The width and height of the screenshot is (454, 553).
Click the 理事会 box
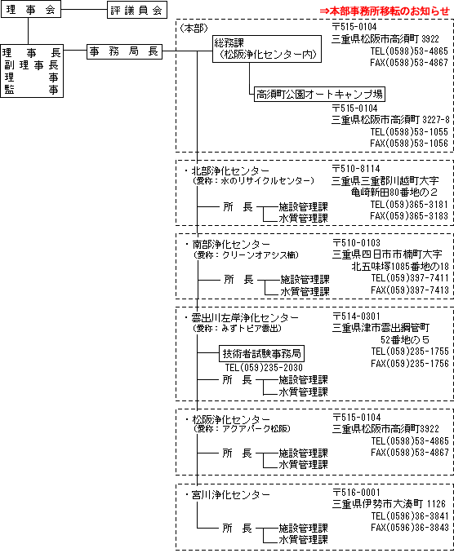point(31,9)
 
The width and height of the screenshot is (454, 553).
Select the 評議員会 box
point(137,10)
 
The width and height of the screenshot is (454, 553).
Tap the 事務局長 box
point(124,51)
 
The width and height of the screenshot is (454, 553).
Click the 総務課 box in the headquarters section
point(267,49)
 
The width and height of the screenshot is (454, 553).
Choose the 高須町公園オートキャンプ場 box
point(319,94)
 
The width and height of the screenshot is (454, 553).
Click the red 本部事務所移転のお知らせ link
point(385,11)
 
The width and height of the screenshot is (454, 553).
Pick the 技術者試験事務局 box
point(261,353)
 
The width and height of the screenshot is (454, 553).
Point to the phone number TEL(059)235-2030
point(264,368)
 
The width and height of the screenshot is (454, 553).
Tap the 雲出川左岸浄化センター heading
point(241,318)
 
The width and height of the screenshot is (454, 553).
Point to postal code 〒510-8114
point(356,169)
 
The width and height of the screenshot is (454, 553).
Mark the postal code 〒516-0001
point(356,493)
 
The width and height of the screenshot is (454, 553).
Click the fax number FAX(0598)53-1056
point(409,144)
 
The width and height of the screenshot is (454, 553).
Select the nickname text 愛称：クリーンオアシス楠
point(247,254)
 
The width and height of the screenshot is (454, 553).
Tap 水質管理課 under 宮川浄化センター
point(303,540)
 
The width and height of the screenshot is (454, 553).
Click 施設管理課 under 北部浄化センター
point(303,206)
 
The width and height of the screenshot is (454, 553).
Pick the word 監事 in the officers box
point(31,90)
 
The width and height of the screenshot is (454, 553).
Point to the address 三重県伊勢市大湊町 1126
point(389,504)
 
